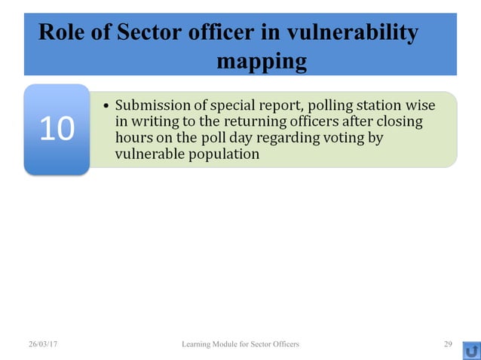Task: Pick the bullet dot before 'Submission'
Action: [x=105, y=105]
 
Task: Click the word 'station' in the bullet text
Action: [x=374, y=105]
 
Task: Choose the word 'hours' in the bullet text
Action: [x=133, y=138]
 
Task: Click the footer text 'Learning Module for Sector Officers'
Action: [x=240, y=344]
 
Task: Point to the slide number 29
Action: [x=448, y=344]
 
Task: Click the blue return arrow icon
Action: [x=472, y=350]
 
